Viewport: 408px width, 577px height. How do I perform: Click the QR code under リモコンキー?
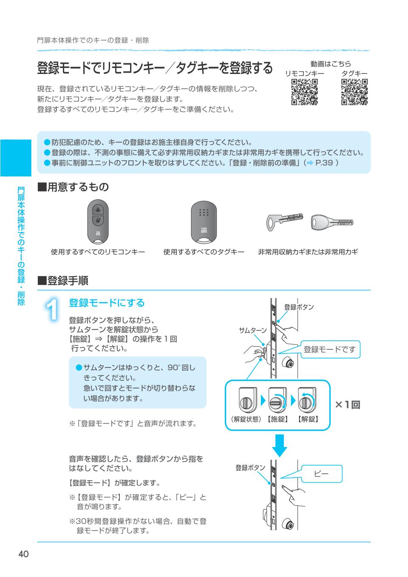(x=304, y=92)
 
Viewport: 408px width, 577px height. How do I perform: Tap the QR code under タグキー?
(x=354, y=92)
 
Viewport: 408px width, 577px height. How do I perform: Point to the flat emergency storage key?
(x=285, y=221)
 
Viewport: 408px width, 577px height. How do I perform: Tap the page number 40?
(x=23, y=554)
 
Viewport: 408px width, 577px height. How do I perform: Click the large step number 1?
(x=52, y=310)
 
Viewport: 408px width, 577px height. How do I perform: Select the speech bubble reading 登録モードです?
(x=330, y=349)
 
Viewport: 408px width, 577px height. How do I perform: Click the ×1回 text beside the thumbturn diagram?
(x=347, y=404)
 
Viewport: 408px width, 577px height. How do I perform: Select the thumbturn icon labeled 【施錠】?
(x=277, y=400)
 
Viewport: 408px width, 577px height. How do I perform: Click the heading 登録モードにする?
(x=107, y=303)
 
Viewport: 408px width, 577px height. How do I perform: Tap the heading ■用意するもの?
(x=73, y=187)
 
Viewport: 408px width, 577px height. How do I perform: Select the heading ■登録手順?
(x=63, y=280)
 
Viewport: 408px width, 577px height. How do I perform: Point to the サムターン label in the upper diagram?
(x=252, y=331)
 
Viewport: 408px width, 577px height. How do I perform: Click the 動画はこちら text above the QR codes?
(x=330, y=64)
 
